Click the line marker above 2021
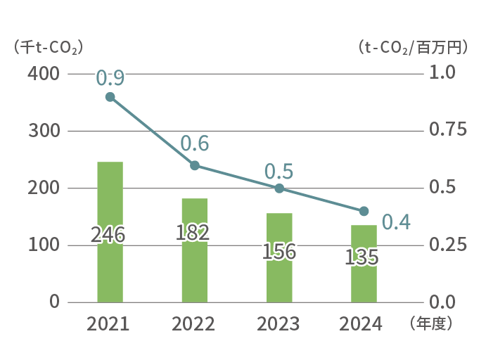pyautogui.click(x=110, y=97)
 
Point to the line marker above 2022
pyautogui.click(x=195, y=166)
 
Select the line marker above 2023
pyautogui.click(x=279, y=188)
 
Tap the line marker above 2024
pyautogui.click(x=364, y=211)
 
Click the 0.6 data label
pyautogui.click(x=195, y=144)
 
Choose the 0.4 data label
pyautogui.click(x=396, y=222)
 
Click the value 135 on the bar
pyautogui.click(x=362, y=258)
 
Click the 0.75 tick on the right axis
pyautogui.click(x=447, y=131)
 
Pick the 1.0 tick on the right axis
pyautogui.click(x=443, y=74)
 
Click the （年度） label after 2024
pyautogui.click(x=430, y=324)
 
